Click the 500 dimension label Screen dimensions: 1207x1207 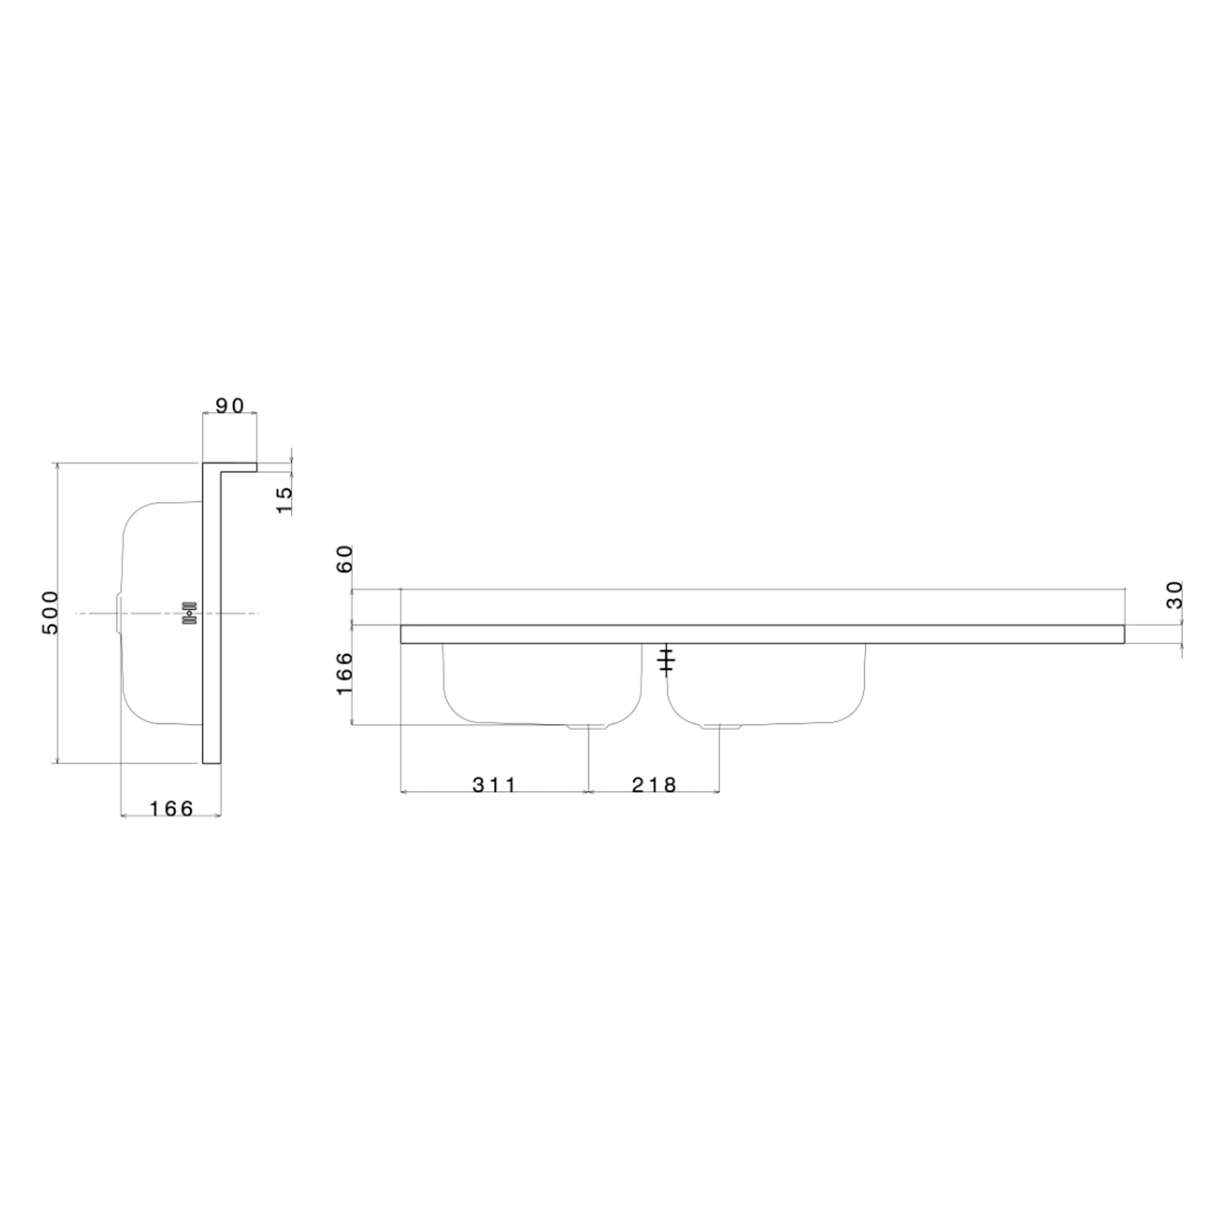point(50,612)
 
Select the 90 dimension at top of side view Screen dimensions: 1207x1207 point(229,406)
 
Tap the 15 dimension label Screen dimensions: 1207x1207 point(284,500)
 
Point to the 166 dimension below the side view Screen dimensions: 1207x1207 point(171,808)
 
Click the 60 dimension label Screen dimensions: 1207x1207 point(344,558)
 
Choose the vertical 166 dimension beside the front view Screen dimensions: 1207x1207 point(344,674)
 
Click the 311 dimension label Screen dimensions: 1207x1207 point(494,785)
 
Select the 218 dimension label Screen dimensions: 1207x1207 point(654,785)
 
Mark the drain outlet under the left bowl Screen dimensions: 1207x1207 point(588,726)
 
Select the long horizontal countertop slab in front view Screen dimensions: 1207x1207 point(762,634)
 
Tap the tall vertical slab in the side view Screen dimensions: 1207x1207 point(211,616)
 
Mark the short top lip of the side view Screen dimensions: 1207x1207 point(238,467)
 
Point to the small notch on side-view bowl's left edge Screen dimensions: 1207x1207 point(119,614)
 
